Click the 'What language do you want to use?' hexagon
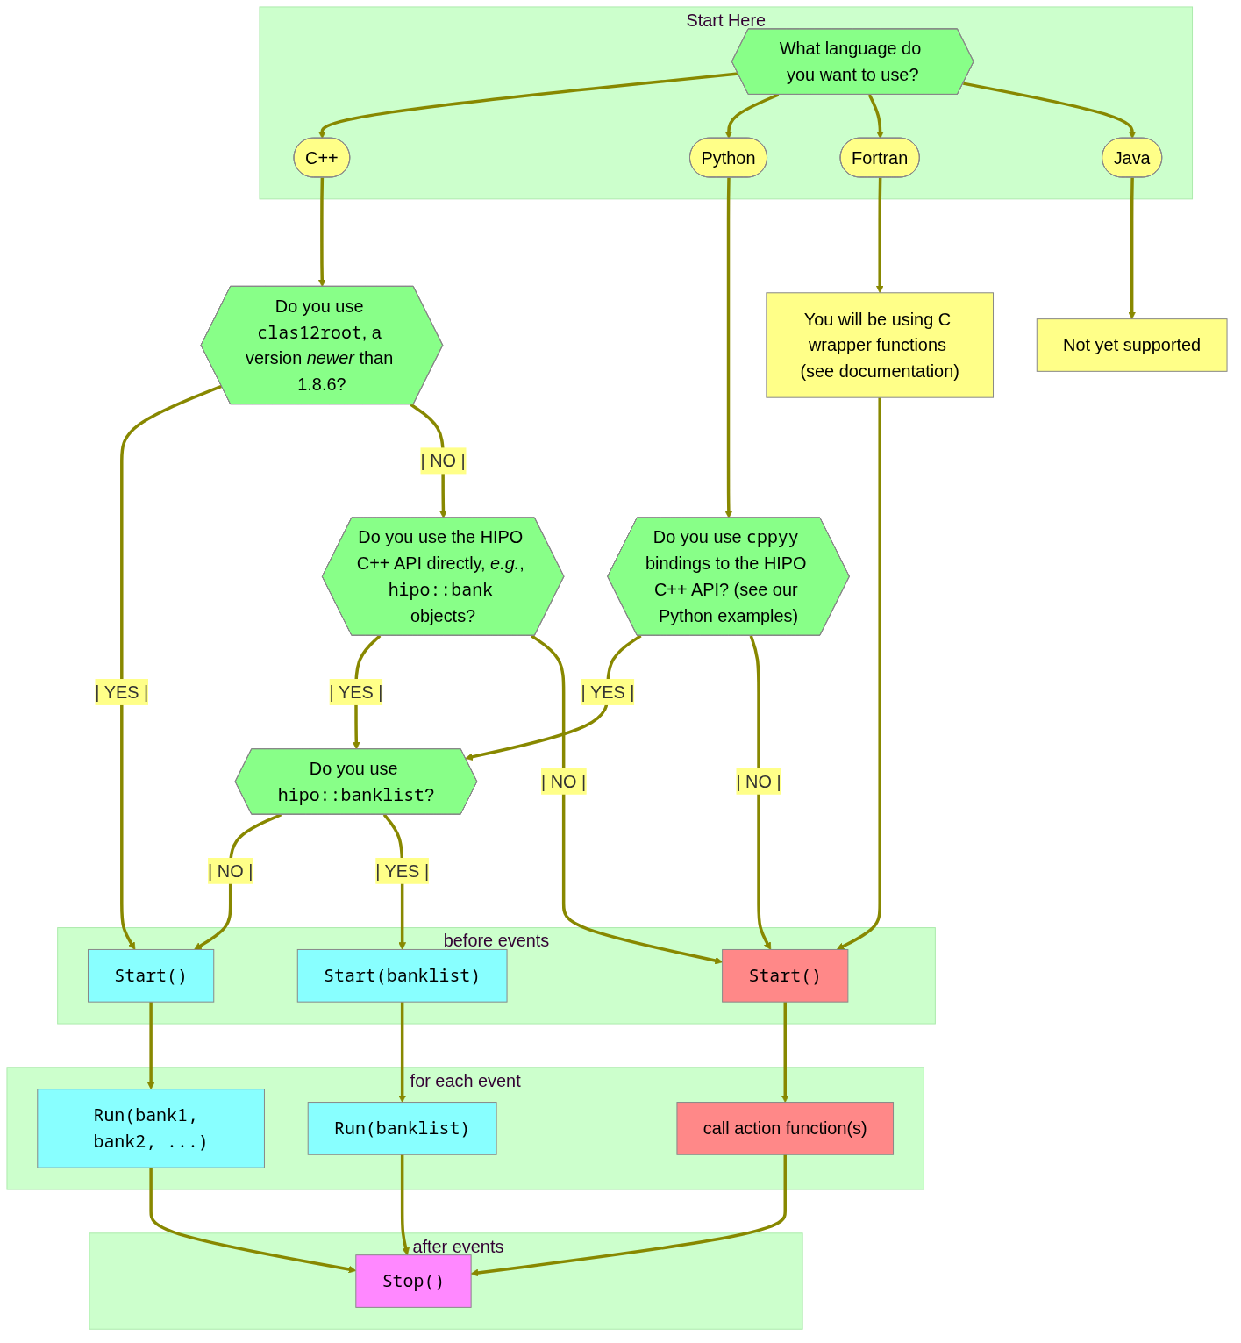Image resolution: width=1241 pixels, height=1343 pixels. point(852,61)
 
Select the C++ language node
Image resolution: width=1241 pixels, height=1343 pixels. point(322,158)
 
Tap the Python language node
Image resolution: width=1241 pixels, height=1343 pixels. point(728,158)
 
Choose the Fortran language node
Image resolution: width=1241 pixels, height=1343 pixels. point(880,158)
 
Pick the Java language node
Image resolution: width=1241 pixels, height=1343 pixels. point(1131,158)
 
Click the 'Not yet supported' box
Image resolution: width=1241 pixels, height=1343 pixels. point(1131,345)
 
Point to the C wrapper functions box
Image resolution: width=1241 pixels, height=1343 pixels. point(880,345)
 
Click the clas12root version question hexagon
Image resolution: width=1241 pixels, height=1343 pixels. point(322,345)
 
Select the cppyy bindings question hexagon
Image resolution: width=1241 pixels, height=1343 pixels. point(728,576)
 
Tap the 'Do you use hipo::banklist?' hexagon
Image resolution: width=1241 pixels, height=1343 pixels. point(356,782)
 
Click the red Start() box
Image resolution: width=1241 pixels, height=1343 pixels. point(785,975)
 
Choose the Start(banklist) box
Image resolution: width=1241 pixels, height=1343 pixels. point(402,975)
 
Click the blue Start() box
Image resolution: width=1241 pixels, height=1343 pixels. point(151,975)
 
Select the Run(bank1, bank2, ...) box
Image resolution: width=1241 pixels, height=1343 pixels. point(151,1128)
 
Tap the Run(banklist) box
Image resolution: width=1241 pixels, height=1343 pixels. point(402,1128)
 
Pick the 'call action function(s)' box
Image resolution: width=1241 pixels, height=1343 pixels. point(785,1128)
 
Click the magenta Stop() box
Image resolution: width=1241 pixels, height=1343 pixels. point(413,1281)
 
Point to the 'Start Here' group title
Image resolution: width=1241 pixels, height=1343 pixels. point(725,20)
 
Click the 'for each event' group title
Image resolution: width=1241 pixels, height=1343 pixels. point(465,1081)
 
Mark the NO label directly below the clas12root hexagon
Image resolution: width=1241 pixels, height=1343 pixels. point(443,461)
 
